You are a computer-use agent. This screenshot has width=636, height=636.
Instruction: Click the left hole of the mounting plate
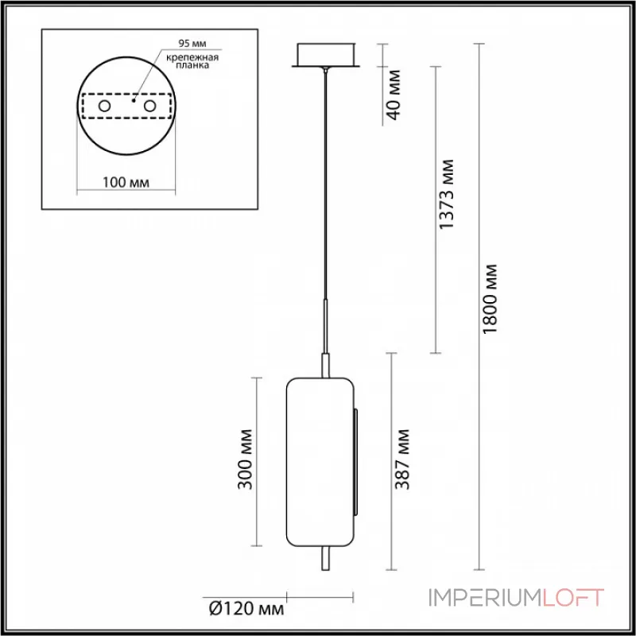tap(103, 106)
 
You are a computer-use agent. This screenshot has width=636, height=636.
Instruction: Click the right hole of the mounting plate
tap(149, 106)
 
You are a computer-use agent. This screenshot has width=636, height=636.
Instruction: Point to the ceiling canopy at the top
tap(326, 56)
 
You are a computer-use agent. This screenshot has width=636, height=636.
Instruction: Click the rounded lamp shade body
tap(320, 461)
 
